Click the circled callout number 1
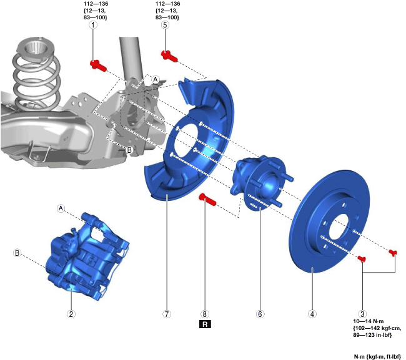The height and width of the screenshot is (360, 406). point(93,25)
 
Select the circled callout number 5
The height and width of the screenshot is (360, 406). point(165,25)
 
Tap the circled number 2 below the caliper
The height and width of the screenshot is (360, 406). point(71,314)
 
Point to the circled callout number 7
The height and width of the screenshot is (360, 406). point(167,314)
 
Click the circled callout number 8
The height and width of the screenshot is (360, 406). point(204,314)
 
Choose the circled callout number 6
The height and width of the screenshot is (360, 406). point(260,314)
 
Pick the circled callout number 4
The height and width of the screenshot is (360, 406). point(312,314)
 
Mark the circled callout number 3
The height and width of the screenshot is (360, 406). point(362,314)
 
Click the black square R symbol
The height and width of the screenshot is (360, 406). point(205,324)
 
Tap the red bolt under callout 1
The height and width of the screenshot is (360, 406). point(98,65)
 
